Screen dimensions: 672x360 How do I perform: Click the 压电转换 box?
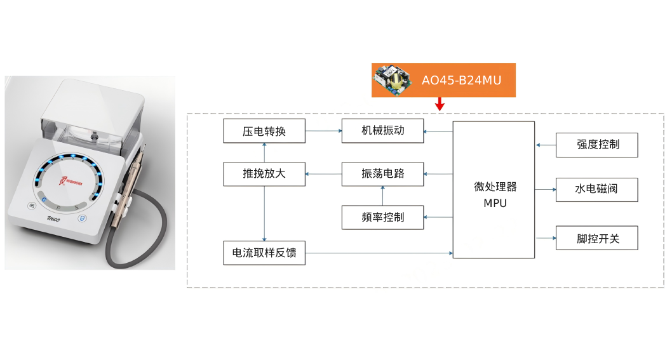[264, 131]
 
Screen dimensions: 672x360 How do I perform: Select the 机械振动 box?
[382, 131]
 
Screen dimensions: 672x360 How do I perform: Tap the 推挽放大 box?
[264, 174]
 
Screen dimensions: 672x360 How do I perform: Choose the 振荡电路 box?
[382, 174]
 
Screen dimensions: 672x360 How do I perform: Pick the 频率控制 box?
[382, 217]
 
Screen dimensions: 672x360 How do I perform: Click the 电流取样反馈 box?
[264, 253]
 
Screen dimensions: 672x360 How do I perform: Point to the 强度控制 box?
[596, 145]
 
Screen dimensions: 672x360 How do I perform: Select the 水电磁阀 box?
[596, 189]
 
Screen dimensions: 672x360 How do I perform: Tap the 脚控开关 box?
[596, 238]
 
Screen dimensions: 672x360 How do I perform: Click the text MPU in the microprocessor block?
[495, 203]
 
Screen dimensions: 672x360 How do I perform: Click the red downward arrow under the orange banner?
[440, 103]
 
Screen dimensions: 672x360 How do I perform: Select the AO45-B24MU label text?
[461, 81]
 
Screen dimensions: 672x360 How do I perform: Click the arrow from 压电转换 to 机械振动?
[323, 131]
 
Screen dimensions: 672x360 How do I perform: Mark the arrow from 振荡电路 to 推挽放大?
[323, 174]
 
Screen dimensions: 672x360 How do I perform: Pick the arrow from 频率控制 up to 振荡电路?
[382, 196]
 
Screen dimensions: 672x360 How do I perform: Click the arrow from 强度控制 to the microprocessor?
[545, 145]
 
